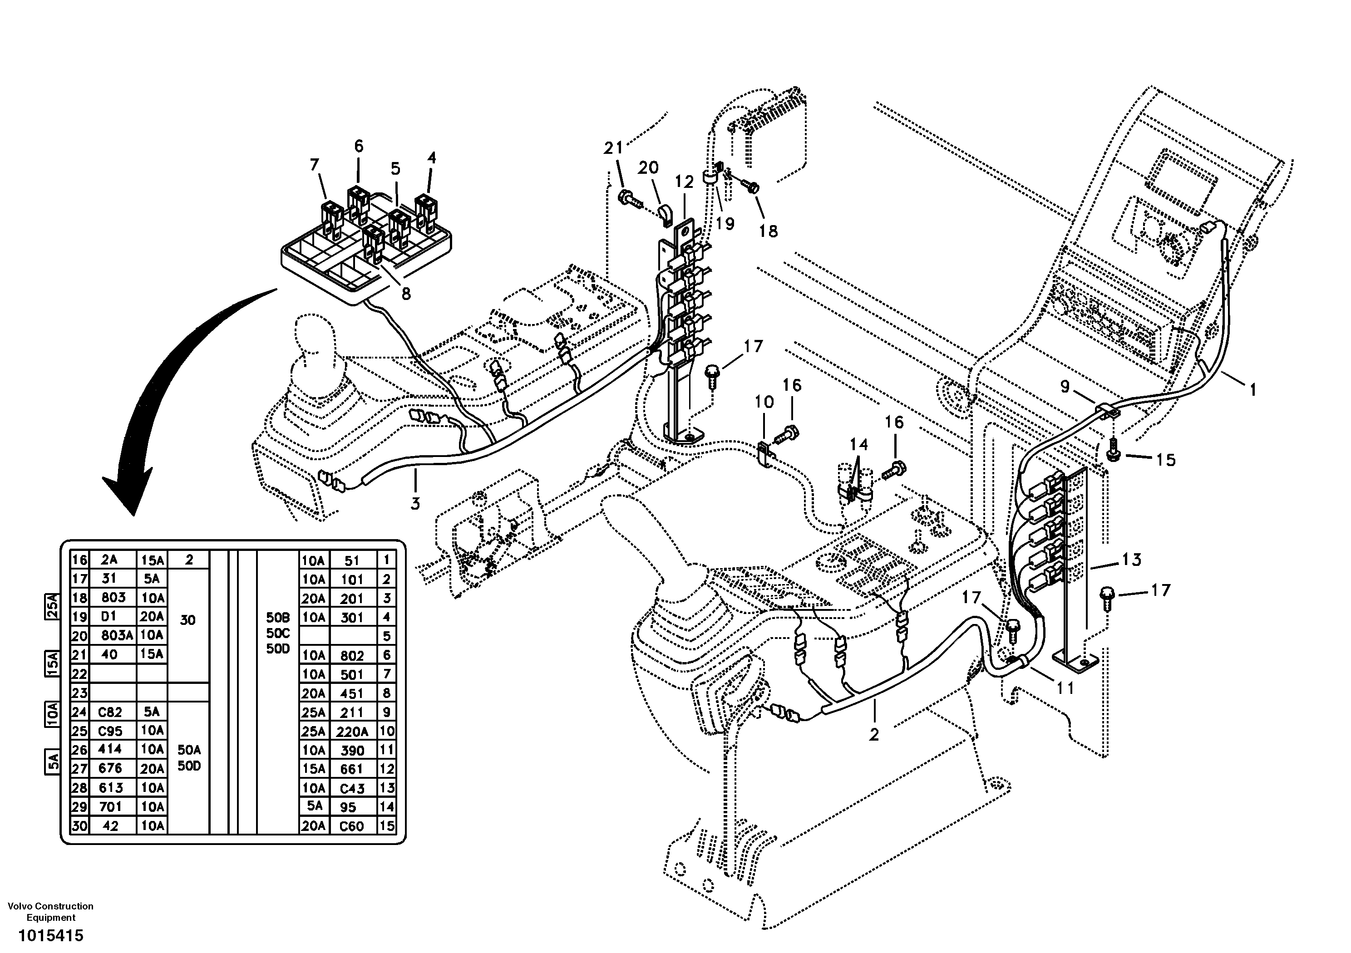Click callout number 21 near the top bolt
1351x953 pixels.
point(612,148)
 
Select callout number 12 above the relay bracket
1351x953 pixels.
point(684,182)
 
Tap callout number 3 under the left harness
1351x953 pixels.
point(415,504)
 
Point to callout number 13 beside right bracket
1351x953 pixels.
point(1131,560)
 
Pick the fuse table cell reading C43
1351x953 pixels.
point(352,788)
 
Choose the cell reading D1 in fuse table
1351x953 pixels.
point(110,617)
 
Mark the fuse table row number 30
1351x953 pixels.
point(79,826)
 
